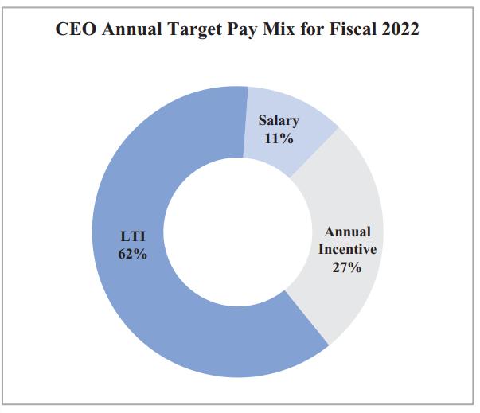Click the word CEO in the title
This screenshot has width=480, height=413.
click(74, 30)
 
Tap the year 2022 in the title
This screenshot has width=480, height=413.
click(400, 30)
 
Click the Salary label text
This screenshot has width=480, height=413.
click(279, 121)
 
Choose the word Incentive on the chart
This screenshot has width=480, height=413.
click(347, 249)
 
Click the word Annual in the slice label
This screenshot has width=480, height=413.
click(347, 232)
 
